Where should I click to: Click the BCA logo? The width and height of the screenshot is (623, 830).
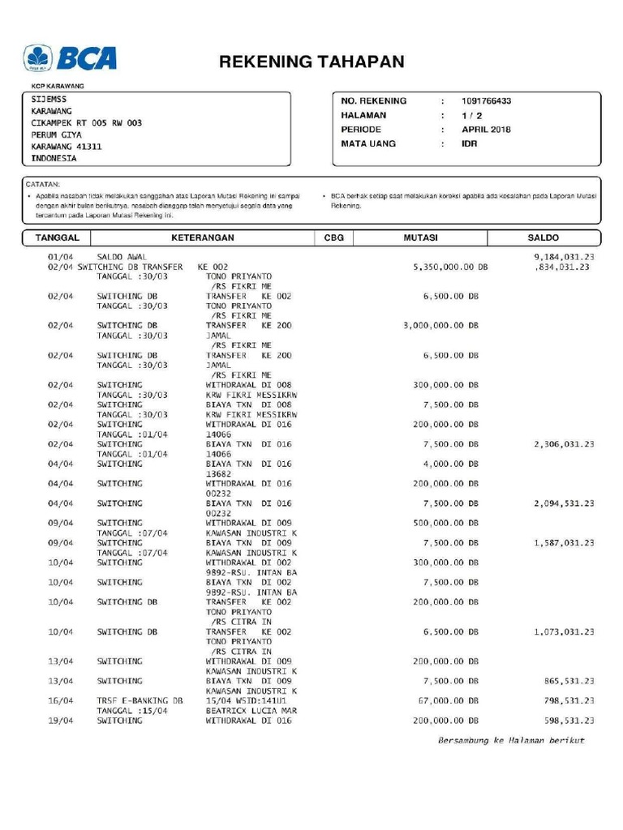[x=71, y=58]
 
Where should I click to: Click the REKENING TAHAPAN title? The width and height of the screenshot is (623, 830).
[x=311, y=62]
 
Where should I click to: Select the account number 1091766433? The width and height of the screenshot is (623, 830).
[x=486, y=101]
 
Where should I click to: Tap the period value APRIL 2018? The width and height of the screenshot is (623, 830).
[x=487, y=130]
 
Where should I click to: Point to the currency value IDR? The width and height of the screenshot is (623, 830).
[x=470, y=144]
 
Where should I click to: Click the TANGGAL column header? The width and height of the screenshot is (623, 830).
[x=57, y=238]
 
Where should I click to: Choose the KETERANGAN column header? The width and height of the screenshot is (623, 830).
[x=202, y=238]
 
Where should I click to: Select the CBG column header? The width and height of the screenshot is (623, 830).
[x=333, y=238]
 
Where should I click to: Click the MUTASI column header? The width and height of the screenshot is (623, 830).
[x=420, y=238]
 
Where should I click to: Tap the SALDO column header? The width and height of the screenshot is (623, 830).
[x=543, y=238]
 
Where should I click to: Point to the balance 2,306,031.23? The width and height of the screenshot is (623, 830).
[x=564, y=444]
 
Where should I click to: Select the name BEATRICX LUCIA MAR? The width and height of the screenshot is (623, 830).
[x=251, y=711]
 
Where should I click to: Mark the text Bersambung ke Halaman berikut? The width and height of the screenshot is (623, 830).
[x=511, y=741]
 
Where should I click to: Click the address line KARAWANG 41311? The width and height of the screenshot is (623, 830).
[x=67, y=147]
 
